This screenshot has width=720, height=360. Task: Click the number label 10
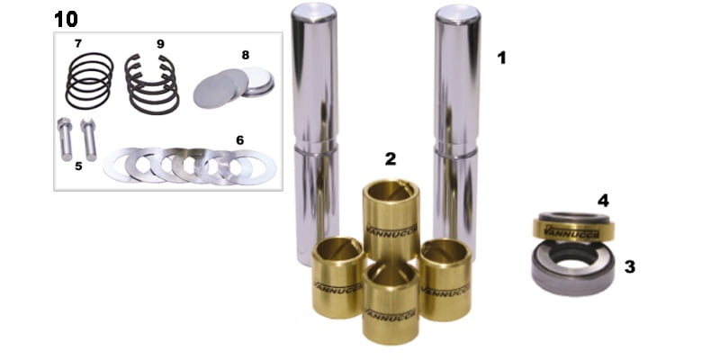pyautogui.click(x=66, y=19)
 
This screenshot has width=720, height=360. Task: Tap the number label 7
pyautogui.click(x=78, y=43)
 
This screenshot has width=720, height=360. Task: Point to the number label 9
pyautogui.click(x=160, y=43)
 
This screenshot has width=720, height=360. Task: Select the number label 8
pyautogui.click(x=246, y=55)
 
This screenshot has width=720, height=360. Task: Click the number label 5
pyautogui.click(x=78, y=166)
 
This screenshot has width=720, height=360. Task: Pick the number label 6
pyautogui.click(x=240, y=140)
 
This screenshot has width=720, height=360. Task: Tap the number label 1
pyautogui.click(x=501, y=58)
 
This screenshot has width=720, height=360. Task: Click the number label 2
pyautogui.click(x=391, y=159)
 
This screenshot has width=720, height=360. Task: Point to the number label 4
pyautogui.click(x=603, y=201)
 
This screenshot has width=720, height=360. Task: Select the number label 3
pyautogui.click(x=629, y=267)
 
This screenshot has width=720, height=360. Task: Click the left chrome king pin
pyautogui.click(x=315, y=133)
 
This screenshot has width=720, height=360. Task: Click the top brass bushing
pyautogui.click(x=391, y=220)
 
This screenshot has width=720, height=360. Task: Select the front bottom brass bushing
pyautogui.click(x=391, y=302)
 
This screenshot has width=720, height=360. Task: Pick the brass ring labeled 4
pyautogui.click(x=573, y=227)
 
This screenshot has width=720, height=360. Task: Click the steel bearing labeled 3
pyautogui.click(x=572, y=267)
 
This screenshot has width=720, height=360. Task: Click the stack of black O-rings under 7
pyautogui.click(x=89, y=80)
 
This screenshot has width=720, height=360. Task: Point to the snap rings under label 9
pyautogui.click(x=152, y=84)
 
